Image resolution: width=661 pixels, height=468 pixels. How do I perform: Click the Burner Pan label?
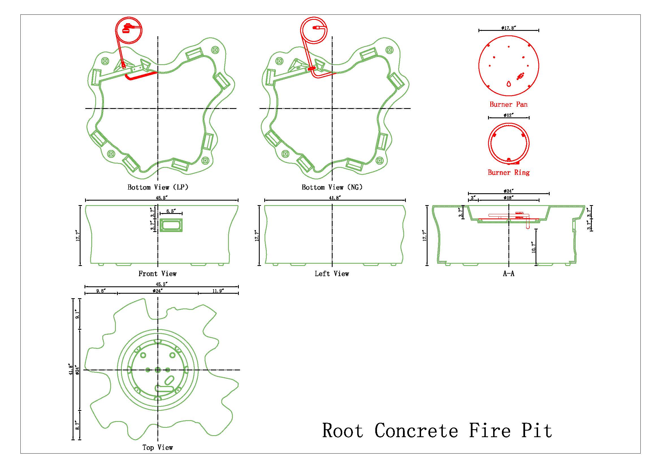[508, 104]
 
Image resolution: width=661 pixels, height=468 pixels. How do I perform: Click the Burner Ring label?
[508, 172]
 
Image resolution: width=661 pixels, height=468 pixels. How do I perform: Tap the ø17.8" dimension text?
[508, 28]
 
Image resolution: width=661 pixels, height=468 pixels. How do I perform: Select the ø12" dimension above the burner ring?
[508, 115]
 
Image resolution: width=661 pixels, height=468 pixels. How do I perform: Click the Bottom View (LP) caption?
[158, 187]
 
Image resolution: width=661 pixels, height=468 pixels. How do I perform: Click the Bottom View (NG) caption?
[332, 187]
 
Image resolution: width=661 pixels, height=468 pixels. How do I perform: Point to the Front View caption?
[157, 274]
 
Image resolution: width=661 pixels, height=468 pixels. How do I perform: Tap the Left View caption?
[332, 274]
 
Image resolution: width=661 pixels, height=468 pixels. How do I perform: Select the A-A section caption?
[508, 274]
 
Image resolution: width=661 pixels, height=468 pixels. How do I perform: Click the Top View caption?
[157, 447]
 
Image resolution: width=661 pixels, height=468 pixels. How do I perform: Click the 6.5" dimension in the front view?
[171, 211]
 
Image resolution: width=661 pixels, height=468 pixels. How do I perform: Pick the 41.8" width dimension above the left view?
[335, 198]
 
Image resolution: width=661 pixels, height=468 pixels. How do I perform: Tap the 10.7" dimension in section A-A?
[534, 247]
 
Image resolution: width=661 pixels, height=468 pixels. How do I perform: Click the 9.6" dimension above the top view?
[101, 291]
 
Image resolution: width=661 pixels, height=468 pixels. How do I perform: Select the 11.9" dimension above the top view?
[218, 291]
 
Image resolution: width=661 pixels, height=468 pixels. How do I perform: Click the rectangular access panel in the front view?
[171, 225]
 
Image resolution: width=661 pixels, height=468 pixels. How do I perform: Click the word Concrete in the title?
[416, 431]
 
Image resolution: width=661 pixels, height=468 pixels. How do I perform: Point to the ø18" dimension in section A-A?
[509, 198]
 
